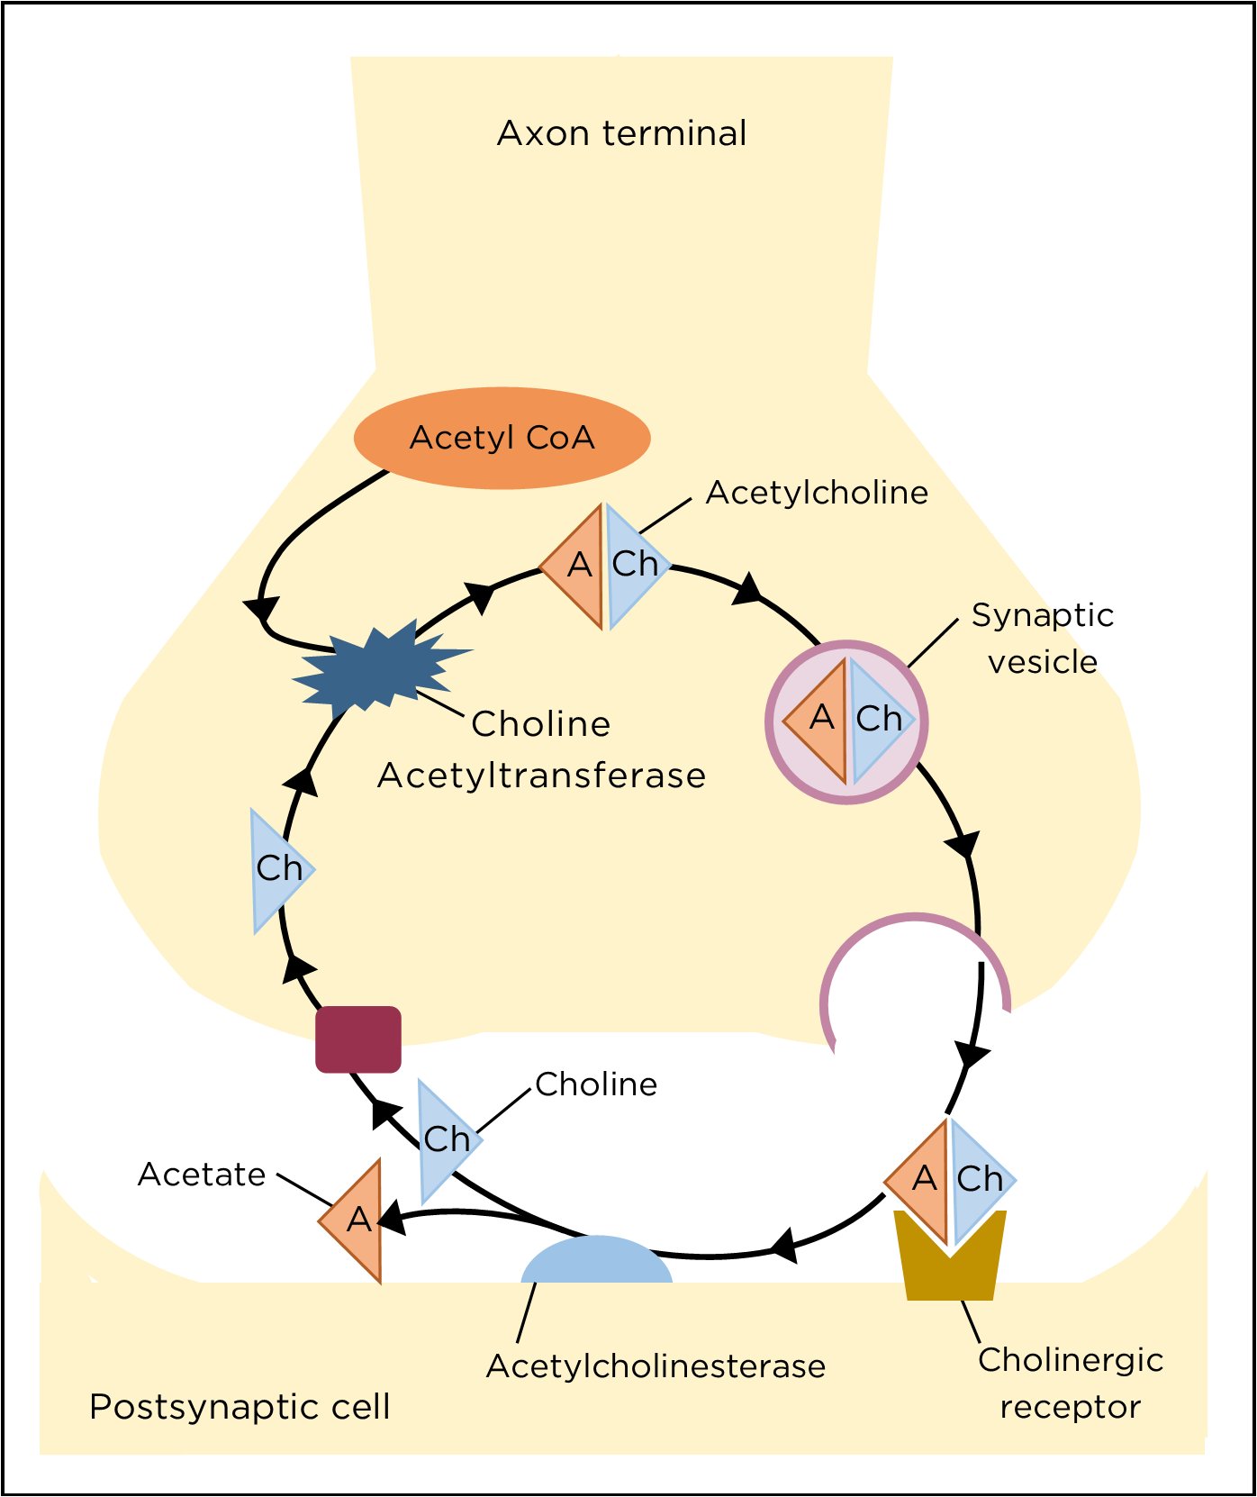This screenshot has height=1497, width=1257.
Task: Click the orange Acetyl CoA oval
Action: click(502, 438)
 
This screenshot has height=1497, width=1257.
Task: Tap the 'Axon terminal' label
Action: click(621, 133)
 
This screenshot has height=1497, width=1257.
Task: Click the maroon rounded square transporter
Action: click(357, 1039)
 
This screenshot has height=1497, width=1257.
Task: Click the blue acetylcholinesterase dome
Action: click(596, 1262)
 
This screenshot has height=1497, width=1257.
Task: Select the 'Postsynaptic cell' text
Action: click(240, 1406)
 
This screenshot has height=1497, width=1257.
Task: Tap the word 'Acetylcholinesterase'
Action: click(656, 1365)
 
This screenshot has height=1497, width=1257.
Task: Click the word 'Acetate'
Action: click(202, 1175)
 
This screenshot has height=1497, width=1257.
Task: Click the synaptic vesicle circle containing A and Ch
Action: click(846, 721)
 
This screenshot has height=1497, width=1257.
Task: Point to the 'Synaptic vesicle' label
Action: click(1042, 638)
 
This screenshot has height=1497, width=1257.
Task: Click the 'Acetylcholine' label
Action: click(817, 493)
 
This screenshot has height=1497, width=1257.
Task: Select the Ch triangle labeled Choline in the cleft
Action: click(444, 1139)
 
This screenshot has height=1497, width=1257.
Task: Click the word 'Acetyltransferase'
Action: click(541, 776)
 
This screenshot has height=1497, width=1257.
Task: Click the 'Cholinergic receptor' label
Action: click(1070, 1383)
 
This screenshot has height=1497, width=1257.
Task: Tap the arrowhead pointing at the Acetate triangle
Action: click(391, 1220)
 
